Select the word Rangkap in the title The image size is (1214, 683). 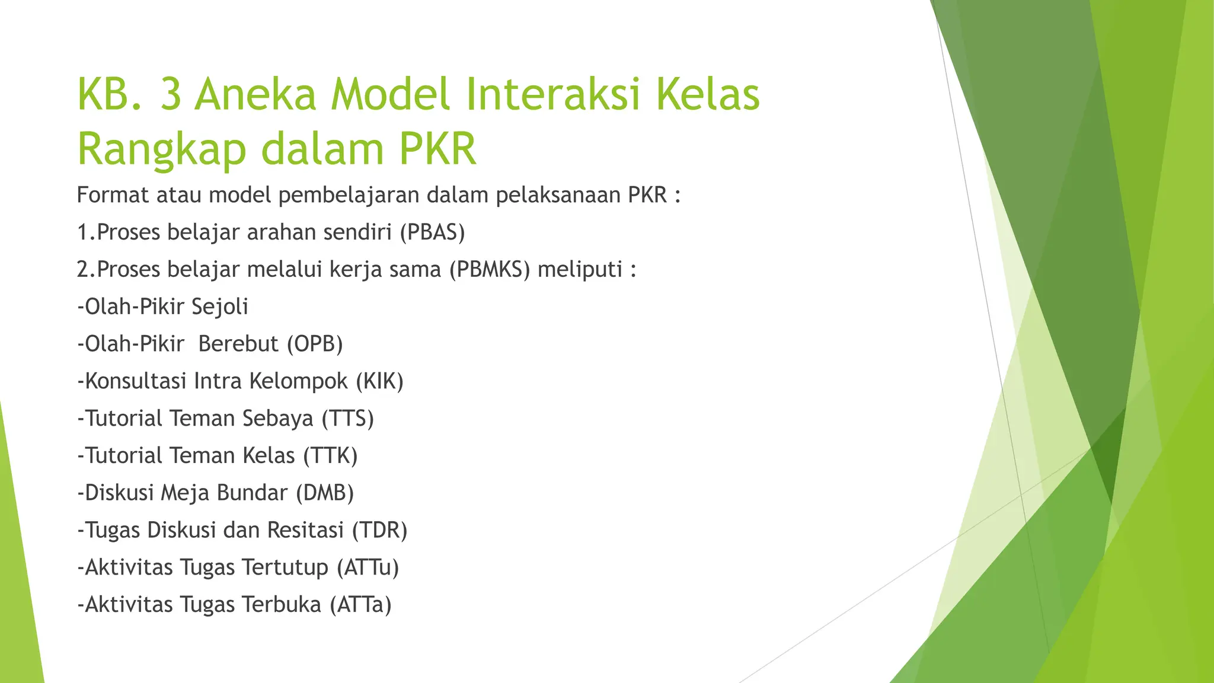click(161, 149)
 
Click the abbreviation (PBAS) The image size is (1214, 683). click(432, 232)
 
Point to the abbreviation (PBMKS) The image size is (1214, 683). click(489, 269)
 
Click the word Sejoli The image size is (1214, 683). click(220, 307)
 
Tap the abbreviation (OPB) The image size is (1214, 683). click(315, 344)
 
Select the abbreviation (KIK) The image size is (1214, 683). click(379, 381)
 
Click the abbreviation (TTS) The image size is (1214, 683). click(347, 418)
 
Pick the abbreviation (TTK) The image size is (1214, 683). click(330, 455)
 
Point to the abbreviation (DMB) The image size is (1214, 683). click(325, 493)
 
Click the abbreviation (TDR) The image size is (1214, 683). click(379, 530)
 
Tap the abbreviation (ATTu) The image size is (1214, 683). click(368, 567)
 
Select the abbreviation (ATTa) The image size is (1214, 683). click(360, 605)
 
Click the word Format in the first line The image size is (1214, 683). click(113, 194)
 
